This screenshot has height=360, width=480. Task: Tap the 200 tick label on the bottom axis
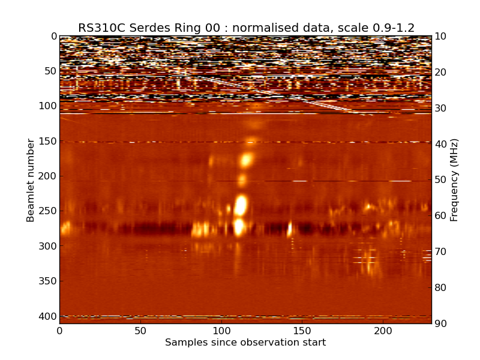(x=383, y=331)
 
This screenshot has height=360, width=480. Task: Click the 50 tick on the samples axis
(x=140, y=331)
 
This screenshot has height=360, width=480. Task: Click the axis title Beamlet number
(x=31, y=180)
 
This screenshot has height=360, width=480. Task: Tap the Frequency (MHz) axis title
(x=454, y=180)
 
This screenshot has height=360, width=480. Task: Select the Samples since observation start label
(x=245, y=343)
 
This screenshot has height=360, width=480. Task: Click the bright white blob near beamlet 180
(x=246, y=160)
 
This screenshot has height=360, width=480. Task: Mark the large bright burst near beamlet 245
(x=241, y=205)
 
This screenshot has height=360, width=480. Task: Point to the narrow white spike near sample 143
(x=290, y=229)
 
